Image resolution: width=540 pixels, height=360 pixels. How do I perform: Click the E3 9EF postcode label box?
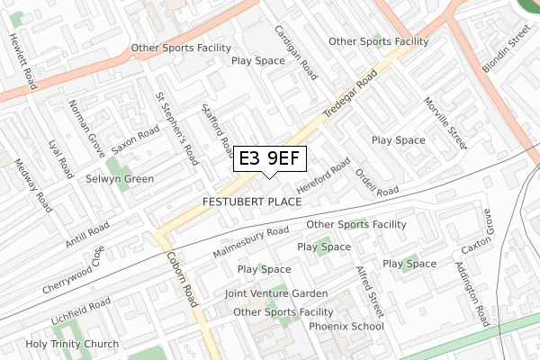270,159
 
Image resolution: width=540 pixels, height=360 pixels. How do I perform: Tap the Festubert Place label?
252,202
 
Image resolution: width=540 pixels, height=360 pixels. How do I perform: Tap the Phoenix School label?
346,326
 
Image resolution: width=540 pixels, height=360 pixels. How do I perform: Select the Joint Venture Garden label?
276,294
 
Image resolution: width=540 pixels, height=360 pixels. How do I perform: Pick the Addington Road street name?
471,294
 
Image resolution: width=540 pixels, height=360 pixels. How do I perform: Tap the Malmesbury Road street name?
251,242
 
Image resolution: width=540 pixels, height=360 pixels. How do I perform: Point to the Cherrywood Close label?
73,270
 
